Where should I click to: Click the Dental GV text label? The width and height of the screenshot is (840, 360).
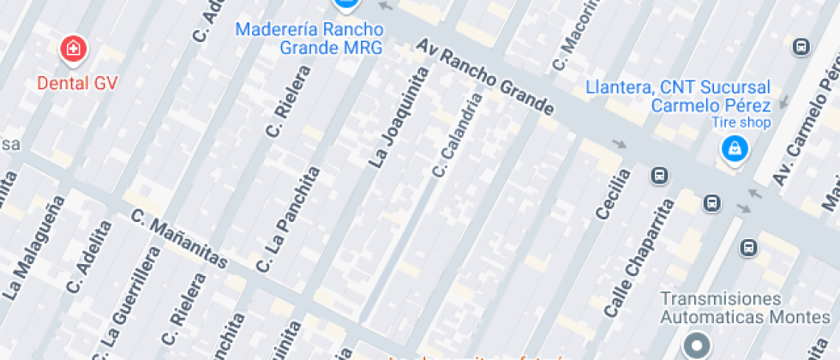[77, 83]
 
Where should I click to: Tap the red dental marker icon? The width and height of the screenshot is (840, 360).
[74, 49]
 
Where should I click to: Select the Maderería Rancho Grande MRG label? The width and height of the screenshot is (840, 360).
[309, 38]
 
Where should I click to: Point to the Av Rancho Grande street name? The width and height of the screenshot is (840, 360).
[485, 77]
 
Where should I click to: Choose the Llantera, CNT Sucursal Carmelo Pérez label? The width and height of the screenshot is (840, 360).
[678, 96]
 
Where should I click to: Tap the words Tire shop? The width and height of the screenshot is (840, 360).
[741, 123]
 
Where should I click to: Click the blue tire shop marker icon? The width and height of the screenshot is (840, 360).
[734, 151]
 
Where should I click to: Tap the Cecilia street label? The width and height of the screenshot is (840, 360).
[612, 193]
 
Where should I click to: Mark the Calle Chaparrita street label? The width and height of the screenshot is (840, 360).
[639, 258]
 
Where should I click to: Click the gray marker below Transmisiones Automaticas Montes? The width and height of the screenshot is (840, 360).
[696, 345]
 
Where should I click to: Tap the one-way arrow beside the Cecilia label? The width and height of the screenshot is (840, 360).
[619, 143]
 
